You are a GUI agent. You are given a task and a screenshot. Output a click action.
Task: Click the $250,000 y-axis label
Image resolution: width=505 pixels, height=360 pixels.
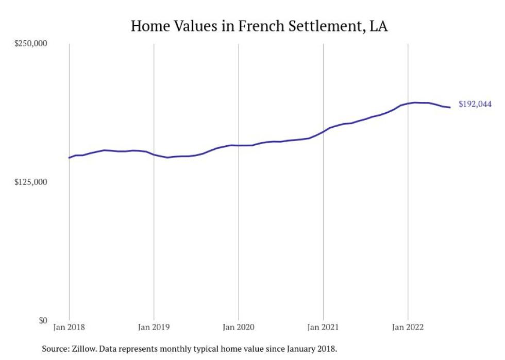30,43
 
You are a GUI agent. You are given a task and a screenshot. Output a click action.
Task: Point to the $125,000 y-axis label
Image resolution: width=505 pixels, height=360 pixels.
30,182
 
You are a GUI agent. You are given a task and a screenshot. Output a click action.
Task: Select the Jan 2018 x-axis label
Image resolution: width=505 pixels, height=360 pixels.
69,327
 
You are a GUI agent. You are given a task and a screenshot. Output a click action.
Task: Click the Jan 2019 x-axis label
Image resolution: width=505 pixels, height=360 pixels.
154,327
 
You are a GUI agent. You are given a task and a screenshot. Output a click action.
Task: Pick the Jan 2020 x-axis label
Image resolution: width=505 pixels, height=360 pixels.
238,327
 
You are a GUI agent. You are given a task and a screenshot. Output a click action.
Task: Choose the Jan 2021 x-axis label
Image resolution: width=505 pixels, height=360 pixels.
323,327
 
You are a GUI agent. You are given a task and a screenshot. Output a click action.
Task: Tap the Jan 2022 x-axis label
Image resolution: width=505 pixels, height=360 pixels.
408,327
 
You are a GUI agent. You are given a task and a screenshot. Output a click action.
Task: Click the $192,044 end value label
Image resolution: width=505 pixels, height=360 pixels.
475,104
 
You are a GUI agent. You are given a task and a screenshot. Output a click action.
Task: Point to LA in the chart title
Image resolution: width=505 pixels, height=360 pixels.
378,26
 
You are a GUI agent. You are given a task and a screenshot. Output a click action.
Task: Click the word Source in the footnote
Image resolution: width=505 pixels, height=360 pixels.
55,349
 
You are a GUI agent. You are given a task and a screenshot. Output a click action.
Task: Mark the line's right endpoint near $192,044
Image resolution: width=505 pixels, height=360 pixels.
450,107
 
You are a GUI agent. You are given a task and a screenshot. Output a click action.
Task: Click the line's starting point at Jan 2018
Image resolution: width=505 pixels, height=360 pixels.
69,158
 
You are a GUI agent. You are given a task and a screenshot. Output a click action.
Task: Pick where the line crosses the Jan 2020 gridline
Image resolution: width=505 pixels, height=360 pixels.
238,145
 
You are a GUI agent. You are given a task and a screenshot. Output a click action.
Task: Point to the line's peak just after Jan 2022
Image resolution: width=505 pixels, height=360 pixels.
415,102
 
